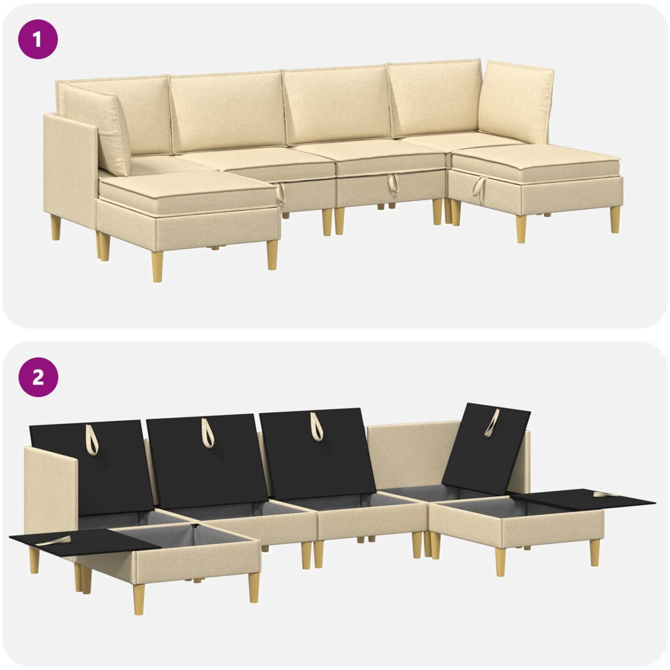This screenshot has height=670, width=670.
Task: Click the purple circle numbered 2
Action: click(38, 377)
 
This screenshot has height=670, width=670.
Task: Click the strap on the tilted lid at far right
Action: click(493, 422)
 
